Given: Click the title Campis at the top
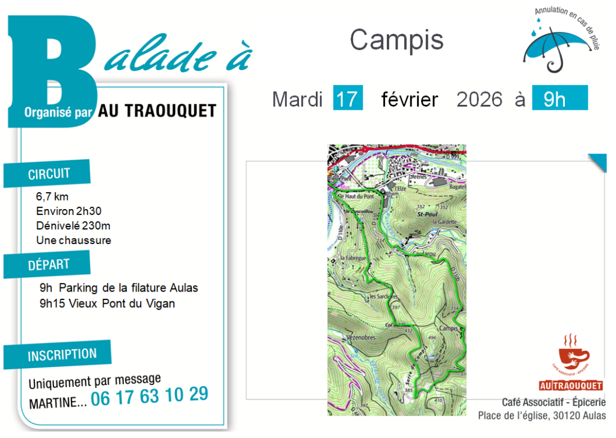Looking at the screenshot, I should click(x=396, y=40).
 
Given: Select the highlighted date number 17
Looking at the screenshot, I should click(x=348, y=99).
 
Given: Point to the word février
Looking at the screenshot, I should click(x=410, y=99).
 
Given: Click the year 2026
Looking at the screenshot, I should click(x=479, y=99).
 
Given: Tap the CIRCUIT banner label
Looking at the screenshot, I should click(x=49, y=174).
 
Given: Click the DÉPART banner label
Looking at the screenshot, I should click(x=49, y=264).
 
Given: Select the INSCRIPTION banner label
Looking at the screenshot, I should click(x=62, y=355).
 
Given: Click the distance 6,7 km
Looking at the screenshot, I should click(x=52, y=196).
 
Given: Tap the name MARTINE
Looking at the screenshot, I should click(x=54, y=402).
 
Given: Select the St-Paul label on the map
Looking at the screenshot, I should click(x=426, y=214).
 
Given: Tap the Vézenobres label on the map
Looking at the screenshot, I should click(x=361, y=337).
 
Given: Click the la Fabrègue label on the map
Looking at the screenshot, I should click(x=353, y=258).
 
